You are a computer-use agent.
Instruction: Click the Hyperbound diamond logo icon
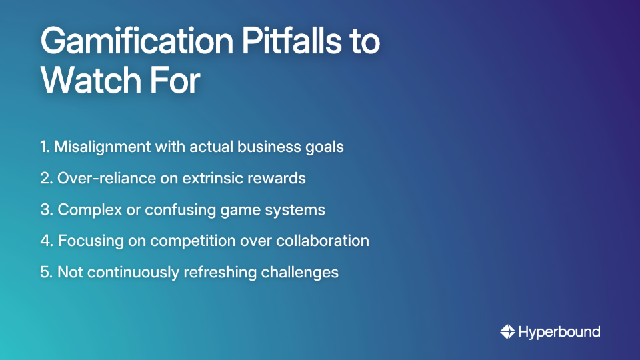coord(507,331)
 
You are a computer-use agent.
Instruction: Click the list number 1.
coord(43,147)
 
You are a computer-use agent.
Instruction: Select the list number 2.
coord(45,178)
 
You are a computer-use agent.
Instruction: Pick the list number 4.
coord(45,241)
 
